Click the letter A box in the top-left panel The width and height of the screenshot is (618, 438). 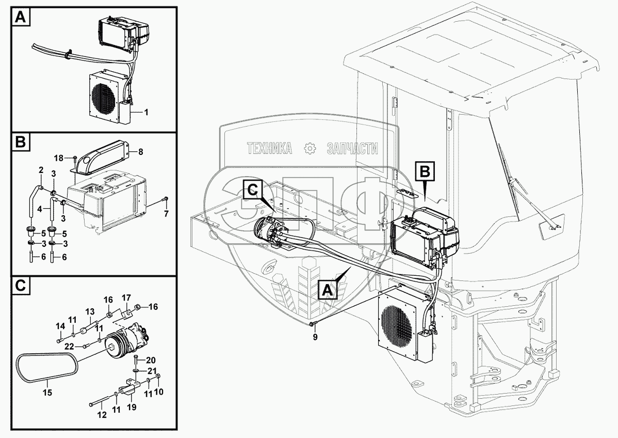[21, 18]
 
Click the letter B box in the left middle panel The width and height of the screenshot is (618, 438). [21, 142]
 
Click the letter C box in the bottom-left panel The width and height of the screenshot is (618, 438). [21, 286]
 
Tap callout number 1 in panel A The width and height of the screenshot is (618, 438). [146, 113]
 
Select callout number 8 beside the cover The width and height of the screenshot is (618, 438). [141, 151]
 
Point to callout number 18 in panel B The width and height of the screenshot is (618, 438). [58, 158]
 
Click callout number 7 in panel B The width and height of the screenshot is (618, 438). [166, 214]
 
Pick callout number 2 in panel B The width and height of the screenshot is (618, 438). [41, 170]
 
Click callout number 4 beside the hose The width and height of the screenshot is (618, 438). [39, 209]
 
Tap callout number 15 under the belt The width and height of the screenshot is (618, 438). [47, 393]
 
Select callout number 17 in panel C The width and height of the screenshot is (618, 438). [126, 297]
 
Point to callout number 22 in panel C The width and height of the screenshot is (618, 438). [69, 347]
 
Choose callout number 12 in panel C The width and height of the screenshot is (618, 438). [102, 415]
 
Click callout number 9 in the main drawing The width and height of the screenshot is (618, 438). [315, 337]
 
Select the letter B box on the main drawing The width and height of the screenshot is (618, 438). [425, 172]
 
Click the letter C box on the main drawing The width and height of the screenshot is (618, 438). [253, 191]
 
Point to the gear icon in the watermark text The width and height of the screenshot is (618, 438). [310, 148]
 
